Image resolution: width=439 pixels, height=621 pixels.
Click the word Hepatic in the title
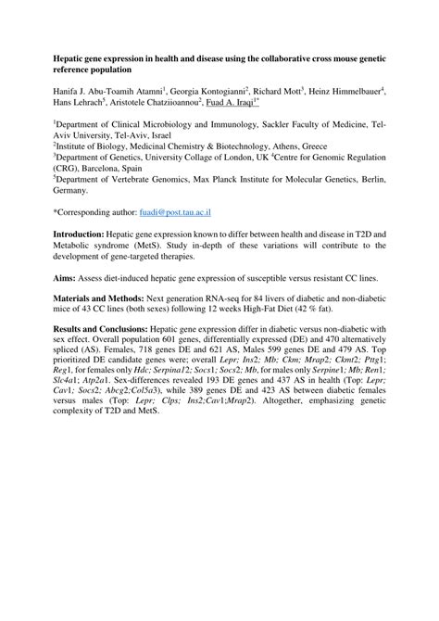pyautogui.click(x=73, y=57)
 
